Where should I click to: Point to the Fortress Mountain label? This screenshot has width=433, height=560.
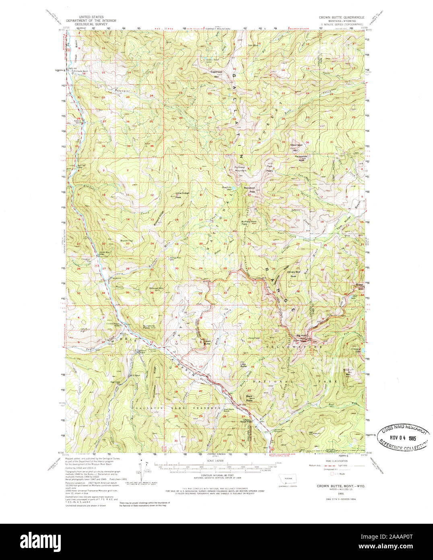[241, 169]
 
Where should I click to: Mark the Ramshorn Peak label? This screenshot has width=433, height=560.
[249, 190]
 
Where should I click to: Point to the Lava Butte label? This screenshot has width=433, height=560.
[243, 365]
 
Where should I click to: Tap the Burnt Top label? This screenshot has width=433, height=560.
[127, 241]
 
